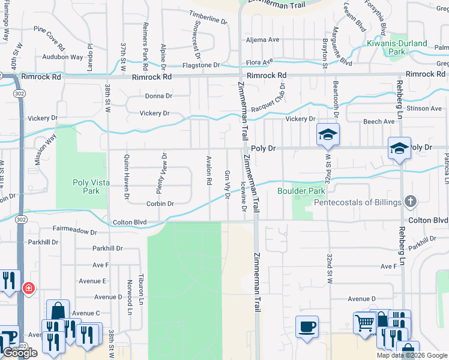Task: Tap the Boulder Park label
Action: tap(301, 191)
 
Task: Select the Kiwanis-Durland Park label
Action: tap(397, 48)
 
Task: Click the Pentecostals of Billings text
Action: tap(358, 202)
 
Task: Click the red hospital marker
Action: tap(28, 289)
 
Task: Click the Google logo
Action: tap(19, 353)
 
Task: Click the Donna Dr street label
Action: tap(158, 96)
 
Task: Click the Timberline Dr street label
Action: tap(209, 17)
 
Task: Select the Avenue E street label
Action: tap(92, 281)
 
